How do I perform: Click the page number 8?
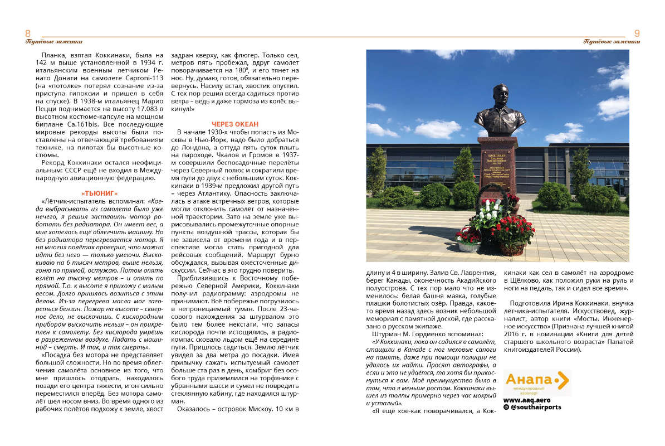pos(28,33)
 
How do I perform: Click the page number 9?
pos(637,33)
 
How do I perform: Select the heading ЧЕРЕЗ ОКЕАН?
pos(235,123)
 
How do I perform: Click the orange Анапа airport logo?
pos(536,381)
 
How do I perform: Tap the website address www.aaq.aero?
pos(525,400)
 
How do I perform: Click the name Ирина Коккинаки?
pos(585,303)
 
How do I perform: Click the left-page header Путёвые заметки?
pos(54,41)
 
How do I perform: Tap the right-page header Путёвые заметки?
pos(612,41)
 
